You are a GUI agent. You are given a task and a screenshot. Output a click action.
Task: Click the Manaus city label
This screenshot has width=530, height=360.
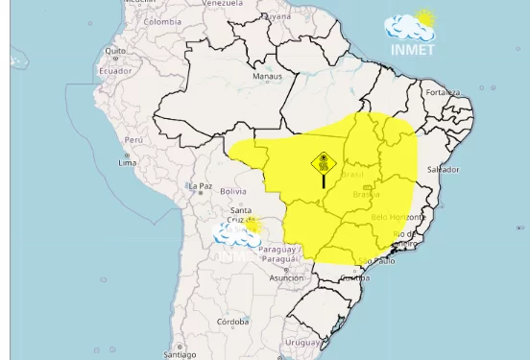click(x=267, y=76)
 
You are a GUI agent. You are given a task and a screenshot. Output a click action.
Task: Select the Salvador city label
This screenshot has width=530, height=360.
click(x=443, y=169)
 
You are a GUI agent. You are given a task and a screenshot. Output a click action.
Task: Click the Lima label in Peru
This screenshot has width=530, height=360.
click(x=127, y=163)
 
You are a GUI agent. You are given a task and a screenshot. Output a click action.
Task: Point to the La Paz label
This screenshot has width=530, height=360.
click(x=201, y=186)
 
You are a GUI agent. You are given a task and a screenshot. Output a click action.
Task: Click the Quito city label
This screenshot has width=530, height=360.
click(x=115, y=51)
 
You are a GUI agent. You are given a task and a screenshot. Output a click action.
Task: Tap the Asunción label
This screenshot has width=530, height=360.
click(x=286, y=278)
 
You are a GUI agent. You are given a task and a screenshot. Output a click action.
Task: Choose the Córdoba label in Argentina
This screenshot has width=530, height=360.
click(x=232, y=322)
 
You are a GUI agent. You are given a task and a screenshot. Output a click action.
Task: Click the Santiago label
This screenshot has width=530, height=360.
click(x=180, y=354)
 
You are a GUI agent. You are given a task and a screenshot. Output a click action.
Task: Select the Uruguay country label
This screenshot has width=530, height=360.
click(x=302, y=343)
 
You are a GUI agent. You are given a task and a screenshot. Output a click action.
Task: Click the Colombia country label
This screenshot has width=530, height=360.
click(x=162, y=21)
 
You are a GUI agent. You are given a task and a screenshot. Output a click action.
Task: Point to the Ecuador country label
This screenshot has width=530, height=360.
click(x=115, y=71)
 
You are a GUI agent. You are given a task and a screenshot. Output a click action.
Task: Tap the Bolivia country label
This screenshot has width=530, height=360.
click(x=233, y=191)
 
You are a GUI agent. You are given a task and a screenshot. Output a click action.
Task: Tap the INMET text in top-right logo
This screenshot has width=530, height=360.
click(x=413, y=49)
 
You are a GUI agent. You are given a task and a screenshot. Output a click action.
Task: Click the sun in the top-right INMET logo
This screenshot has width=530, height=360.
click(x=424, y=18)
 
